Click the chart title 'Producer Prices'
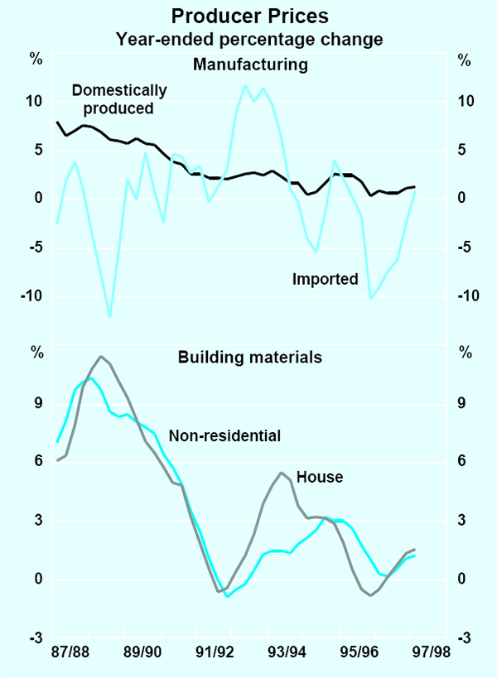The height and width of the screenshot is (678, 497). [248, 15]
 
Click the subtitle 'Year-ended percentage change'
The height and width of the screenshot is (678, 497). [248, 38]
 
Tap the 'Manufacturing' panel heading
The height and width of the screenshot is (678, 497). [249, 64]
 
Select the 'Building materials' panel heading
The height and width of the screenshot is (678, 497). [249, 358]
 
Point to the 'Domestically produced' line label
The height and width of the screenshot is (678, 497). [118, 99]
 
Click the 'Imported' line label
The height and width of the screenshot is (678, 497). [325, 279]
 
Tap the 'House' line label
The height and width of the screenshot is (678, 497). [319, 477]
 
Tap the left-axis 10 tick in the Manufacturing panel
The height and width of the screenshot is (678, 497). [35, 101]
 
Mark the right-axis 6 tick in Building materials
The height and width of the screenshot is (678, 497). [464, 462]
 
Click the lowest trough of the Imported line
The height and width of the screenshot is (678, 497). [110, 316]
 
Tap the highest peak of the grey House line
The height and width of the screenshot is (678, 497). [101, 357]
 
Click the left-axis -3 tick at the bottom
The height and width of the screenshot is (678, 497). [34, 637]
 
